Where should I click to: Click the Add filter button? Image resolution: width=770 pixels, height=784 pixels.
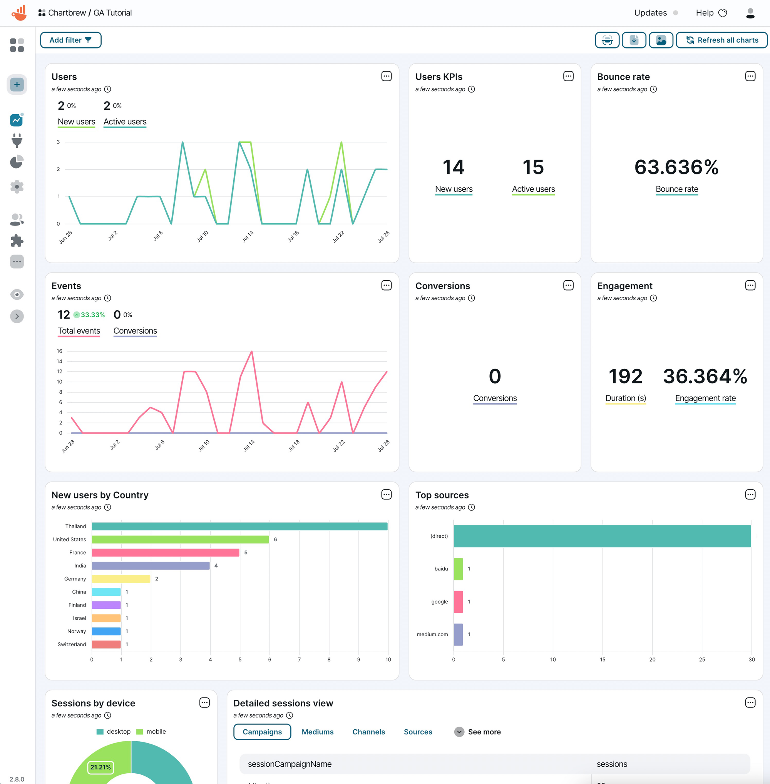click(x=70, y=40)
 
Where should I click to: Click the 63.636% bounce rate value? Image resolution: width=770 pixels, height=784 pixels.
click(x=676, y=167)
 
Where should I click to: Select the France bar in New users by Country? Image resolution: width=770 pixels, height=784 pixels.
click(x=165, y=552)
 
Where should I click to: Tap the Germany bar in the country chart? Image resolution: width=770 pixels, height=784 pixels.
click(x=121, y=578)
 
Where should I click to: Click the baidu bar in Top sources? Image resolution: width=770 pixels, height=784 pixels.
click(x=458, y=568)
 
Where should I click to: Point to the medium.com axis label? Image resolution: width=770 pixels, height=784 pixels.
click(x=432, y=634)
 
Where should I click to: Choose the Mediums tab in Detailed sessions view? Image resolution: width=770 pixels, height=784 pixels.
click(x=318, y=731)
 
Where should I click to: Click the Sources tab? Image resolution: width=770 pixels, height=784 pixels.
click(x=418, y=731)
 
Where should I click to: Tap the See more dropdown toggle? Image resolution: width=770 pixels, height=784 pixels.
click(x=459, y=731)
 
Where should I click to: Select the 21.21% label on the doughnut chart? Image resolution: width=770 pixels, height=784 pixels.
click(x=100, y=767)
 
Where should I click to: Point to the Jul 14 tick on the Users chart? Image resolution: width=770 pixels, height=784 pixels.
click(x=248, y=236)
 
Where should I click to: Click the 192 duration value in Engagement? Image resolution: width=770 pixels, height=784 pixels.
click(x=625, y=376)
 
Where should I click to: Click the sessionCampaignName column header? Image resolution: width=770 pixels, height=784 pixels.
click(x=290, y=763)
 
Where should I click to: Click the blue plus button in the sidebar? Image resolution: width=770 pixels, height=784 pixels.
click(x=17, y=85)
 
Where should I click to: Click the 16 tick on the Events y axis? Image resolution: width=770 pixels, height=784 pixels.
click(x=59, y=351)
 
